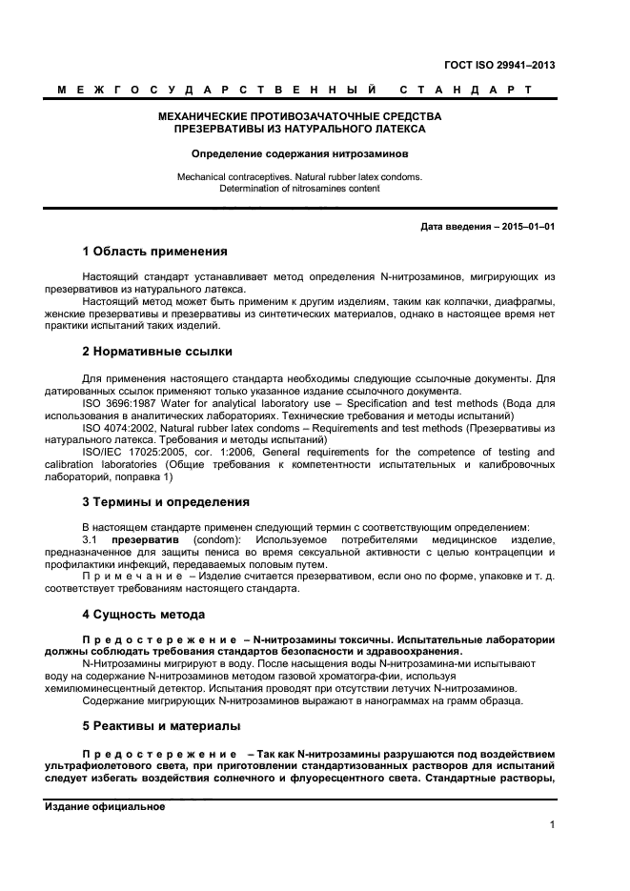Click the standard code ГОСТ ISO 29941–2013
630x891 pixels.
coord(499,66)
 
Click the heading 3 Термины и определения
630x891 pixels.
coord(166,501)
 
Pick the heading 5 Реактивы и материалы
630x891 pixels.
coord(160,726)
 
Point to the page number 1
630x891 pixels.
coord(552,825)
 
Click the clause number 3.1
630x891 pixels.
coord(91,539)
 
